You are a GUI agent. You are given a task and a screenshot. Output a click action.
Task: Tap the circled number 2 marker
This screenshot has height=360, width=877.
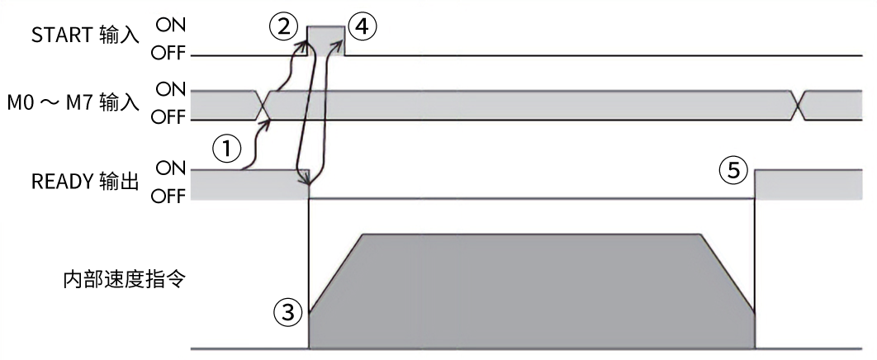click(x=283, y=27)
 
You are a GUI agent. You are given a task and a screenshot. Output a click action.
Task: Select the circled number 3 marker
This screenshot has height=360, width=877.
click(x=286, y=311)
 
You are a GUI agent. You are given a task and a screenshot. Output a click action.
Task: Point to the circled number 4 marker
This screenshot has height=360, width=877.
click(x=361, y=27)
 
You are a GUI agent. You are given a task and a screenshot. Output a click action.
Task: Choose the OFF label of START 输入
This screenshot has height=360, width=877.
click(x=168, y=55)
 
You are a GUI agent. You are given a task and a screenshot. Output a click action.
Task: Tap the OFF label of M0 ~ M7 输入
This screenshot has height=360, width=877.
click(x=168, y=118)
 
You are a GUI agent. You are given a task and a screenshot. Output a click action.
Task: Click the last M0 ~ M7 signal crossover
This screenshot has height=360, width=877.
click(x=797, y=104)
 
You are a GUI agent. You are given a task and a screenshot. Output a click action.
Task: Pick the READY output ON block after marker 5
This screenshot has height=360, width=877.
click(x=814, y=183)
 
